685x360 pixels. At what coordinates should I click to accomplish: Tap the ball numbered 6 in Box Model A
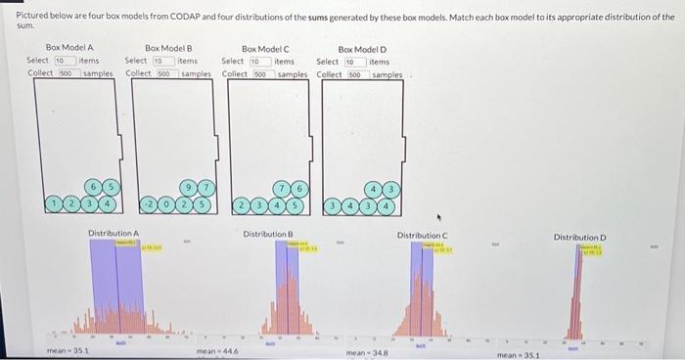[x=93, y=186]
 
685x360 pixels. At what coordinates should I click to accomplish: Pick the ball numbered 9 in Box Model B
[x=187, y=186]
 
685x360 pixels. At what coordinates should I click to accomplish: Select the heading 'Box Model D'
[x=362, y=47]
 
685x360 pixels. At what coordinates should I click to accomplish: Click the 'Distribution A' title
[x=114, y=232]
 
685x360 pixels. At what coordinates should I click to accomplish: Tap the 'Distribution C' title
[x=422, y=236]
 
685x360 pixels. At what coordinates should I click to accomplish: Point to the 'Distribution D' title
[x=580, y=237]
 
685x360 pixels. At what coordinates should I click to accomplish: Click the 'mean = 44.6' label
[x=213, y=350]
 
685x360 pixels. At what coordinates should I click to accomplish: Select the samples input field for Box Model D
[x=357, y=74]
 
